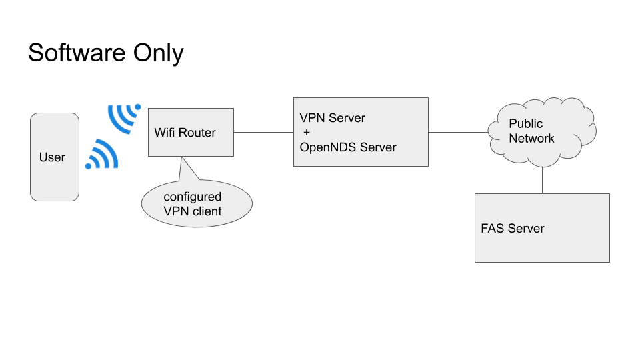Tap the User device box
tap(55, 157)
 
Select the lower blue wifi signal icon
tap(102, 155)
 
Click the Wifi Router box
tap(191, 132)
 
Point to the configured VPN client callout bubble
tap(197, 205)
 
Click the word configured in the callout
tap(193, 197)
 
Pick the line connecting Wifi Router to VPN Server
tap(263, 132)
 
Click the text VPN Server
tap(333, 118)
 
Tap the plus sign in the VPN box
tap(307, 133)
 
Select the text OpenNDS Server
tap(348, 147)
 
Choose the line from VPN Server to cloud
tap(459, 132)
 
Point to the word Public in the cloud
tap(526, 123)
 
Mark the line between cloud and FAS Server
tap(542, 179)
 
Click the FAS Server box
tap(542, 228)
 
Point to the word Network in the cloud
tap(532, 139)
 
